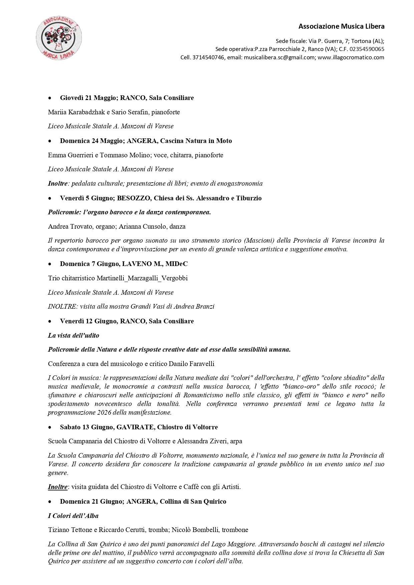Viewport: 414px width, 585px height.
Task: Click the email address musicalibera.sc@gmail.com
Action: pyautogui.click(x=279, y=57)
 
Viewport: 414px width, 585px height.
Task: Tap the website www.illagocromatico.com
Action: pyautogui.click(x=351, y=57)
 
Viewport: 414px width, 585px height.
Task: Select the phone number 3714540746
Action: pyautogui.click(x=209, y=57)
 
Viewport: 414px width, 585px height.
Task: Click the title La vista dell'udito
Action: pyautogui.click(x=73, y=335)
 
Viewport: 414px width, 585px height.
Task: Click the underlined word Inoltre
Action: pyautogui.click(x=58, y=487)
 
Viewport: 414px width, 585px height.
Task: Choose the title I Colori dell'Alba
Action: pyautogui.click(x=73, y=516)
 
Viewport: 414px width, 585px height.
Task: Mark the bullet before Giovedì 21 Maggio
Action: pyautogui.click(x=50, y=98)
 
